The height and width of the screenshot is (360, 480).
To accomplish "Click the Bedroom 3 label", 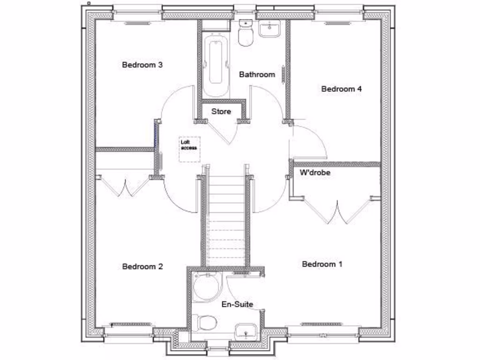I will tap(142, 65).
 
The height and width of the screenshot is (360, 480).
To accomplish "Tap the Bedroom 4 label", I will tap(341, 89).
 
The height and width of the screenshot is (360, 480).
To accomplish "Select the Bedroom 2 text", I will tap(142, 266).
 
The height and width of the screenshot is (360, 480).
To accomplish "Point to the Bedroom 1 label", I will tap(322, 264).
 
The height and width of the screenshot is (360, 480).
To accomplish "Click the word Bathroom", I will tap(257, 74).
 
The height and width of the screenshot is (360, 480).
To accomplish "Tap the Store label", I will tap(221, 112).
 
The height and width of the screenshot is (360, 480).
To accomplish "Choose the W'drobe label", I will tap(315, 172).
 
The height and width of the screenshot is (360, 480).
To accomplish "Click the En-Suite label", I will tap(237, 304).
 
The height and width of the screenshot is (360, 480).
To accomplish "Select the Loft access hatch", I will tap(190, 149).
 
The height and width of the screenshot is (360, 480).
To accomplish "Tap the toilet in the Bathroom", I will tap(246, 34).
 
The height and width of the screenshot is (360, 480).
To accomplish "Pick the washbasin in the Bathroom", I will tap(270, 29).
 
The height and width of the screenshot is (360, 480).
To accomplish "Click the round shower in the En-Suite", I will tap(206, 287).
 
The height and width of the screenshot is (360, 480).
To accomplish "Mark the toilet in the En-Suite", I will tap(205, 322).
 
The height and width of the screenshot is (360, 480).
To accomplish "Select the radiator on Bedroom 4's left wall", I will tap(283, 75).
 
